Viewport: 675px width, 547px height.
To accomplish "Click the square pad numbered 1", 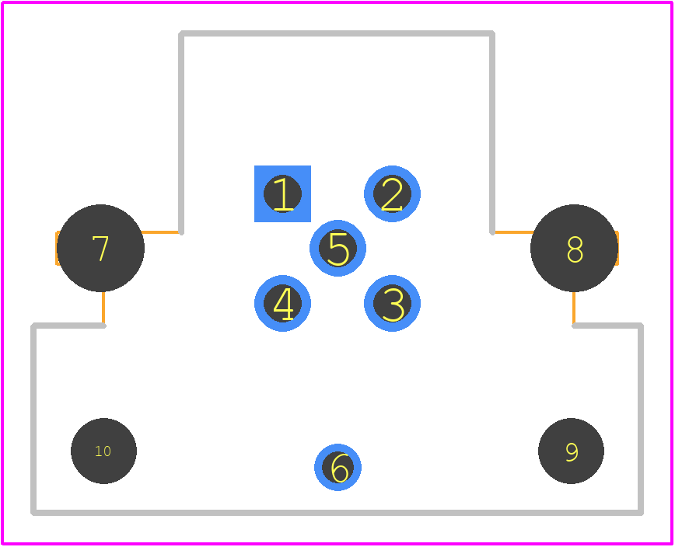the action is tap(282, 193).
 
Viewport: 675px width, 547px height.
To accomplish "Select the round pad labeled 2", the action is tap(392, 193).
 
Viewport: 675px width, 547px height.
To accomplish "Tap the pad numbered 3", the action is tap(392, 303).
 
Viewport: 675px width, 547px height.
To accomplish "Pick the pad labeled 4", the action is tap(282, 303).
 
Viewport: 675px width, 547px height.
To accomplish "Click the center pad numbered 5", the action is tap(337, 248).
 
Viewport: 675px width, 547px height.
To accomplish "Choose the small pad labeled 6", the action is tap(337, 467).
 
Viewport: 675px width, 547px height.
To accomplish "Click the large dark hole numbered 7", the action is tap(100, 248).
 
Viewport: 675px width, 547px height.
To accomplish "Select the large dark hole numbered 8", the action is tap(574, 248).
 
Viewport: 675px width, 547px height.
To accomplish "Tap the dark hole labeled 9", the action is tap(571, 451).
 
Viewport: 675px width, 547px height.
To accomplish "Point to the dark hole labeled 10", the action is tap(103, 451).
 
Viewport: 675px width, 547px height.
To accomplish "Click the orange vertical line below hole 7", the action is tap(103, 307).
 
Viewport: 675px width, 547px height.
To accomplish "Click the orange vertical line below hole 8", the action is tap(574, 307).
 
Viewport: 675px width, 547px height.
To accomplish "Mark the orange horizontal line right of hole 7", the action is tap(159, 232).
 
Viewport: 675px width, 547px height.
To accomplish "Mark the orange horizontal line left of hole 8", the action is tap(515, 232).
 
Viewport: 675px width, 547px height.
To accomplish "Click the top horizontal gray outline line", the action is tap(337, 33).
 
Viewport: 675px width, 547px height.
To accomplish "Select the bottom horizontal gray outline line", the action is tap(337, 512).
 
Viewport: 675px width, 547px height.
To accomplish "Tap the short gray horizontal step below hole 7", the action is tap(68, 326).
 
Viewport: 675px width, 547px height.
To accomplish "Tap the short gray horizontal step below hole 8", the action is tap(607, 326).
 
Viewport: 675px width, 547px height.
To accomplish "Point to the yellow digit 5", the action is tap(338, 249).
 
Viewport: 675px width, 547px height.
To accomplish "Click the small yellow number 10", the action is tap(103, 451).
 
